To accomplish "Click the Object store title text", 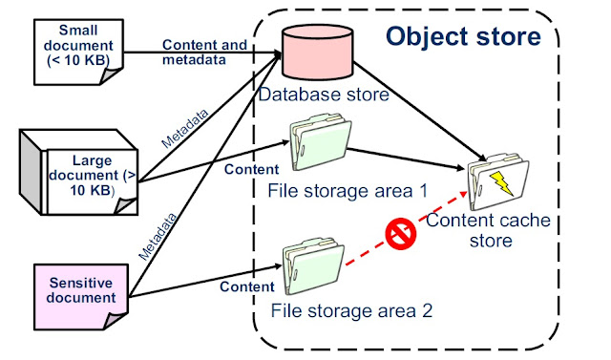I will [x=463, y=37].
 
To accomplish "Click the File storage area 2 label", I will [x=352, y=309].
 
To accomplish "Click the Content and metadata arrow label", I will [x=204, y=53].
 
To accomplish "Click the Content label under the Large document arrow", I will [x=249, y=170].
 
